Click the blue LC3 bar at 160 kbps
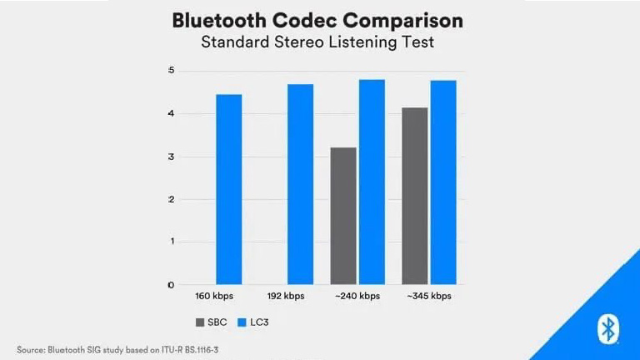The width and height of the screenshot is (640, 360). pyautogui.click(x=228, y=189)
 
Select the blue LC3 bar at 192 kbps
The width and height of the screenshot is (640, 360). pyautogui.click(x=300, y=184)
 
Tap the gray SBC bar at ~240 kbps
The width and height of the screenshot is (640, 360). pyautogui.click(x=343, y=216)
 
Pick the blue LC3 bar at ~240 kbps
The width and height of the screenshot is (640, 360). pyautogui.click(x=372, y=182)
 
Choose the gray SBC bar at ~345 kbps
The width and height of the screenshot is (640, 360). pyautogui.click(x=415, y=196)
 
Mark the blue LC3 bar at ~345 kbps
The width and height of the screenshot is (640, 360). pyautogui.click(x=443, y=182)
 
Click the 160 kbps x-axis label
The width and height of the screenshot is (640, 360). pyautogui.click(x=214, y=297)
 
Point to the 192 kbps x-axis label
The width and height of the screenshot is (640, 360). pyautogui.click(x=286, y=297)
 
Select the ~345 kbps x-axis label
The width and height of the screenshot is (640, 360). pyautogui.click(x=428, y=297)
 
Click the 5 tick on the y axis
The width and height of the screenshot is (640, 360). pyautogui.click(x=171, y=70)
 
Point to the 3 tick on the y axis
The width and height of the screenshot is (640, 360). pyautogui.click(x=171, y=157)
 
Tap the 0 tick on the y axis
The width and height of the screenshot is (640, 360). pyautogui.click(x=171, y=285)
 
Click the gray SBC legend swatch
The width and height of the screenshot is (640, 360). pyautogui.click(x=201, y=322)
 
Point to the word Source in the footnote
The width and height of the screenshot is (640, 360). pyautogui.click(x=31, y=349)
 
